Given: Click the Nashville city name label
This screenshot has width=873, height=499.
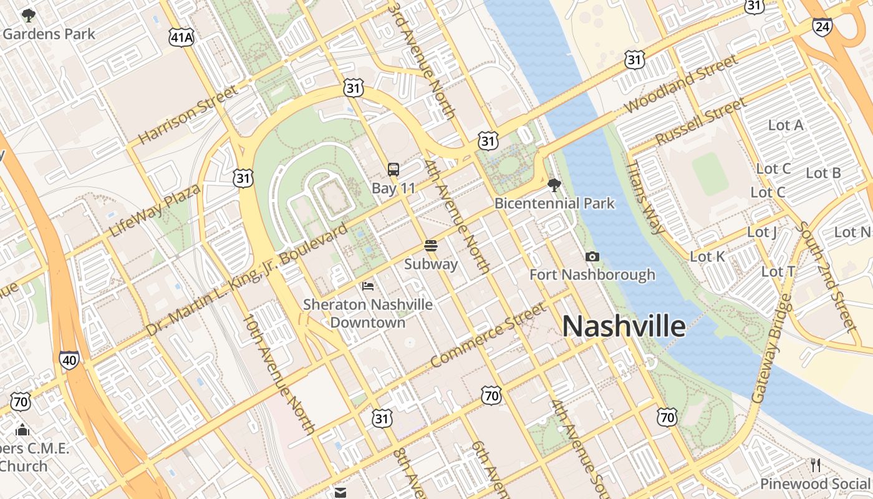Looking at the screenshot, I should click(624, 326).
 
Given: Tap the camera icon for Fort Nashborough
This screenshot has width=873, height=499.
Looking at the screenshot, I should click(592, 256).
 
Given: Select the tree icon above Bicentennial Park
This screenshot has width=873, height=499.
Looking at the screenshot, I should click(554, 185).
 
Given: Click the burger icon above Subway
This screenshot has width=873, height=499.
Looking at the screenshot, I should click(431, 245).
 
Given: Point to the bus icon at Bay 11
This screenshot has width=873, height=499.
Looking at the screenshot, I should click(393, 169).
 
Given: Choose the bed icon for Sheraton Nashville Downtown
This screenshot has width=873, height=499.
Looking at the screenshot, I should click(368, 286).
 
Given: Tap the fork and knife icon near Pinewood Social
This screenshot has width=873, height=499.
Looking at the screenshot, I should click(815, 465).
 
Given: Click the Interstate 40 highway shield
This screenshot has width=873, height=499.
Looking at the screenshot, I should click(70, 360).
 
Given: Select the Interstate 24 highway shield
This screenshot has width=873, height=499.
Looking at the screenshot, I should click(822, 26).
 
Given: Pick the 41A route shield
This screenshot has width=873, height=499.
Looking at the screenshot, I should click(181, 38).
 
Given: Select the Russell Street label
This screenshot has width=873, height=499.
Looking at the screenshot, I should click(700, 120).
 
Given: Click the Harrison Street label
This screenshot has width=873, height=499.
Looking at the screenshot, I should click(188, 115).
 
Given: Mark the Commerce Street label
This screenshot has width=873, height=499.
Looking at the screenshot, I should click(488, 336).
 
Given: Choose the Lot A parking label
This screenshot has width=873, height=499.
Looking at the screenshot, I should click(785, 125).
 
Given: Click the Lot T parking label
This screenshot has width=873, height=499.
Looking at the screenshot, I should click(778, 271).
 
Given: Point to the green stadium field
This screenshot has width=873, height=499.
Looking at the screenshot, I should click(710, 174).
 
